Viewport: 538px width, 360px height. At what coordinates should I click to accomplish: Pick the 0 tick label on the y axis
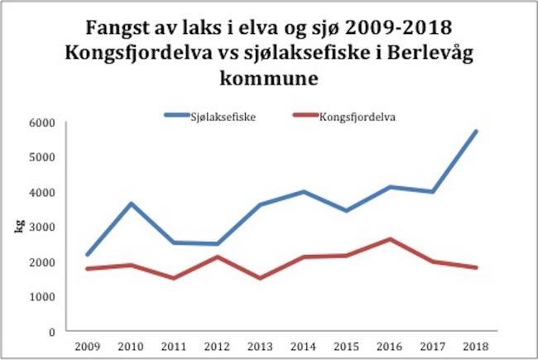[51, 332]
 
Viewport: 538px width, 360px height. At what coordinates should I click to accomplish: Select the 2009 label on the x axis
[87, 347]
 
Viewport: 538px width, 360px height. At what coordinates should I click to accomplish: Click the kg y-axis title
[17, 226]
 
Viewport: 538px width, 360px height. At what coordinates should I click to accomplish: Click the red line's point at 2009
[87, 269]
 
